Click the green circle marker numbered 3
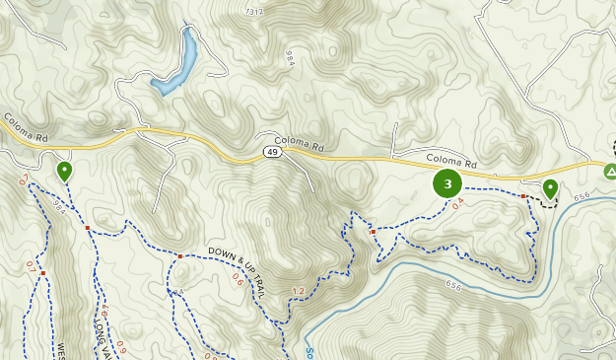447,183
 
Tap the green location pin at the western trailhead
64,172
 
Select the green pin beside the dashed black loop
550,187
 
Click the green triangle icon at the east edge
610,171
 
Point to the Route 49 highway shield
271,151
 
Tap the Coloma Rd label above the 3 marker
451,163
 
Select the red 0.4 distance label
457,204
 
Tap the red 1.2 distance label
299,291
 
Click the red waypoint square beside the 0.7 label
42,273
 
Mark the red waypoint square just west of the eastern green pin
523,196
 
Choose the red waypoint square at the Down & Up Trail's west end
180,256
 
